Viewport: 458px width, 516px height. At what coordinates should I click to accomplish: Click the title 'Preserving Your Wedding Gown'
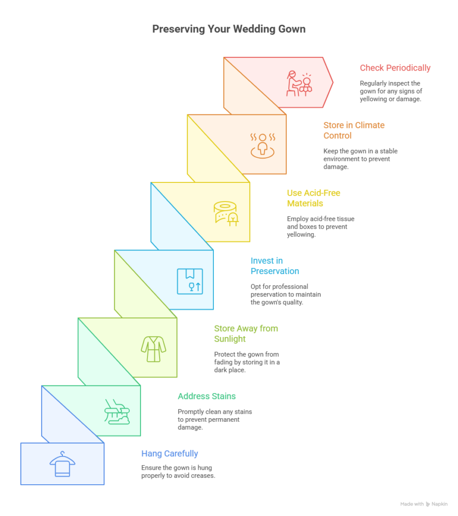coord(229,29)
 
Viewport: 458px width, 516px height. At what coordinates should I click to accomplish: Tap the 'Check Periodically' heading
coord(395,68)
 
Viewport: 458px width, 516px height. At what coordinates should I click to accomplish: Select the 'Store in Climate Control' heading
coord(354,131)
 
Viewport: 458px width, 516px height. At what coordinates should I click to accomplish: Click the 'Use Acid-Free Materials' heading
coord(314,198)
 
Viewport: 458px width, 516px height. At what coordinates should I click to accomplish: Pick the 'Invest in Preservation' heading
coord(275,266)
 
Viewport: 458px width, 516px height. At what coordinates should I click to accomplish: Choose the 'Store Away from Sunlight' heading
coord(246,334)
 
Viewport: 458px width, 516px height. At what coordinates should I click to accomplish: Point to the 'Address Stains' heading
coord(206,396)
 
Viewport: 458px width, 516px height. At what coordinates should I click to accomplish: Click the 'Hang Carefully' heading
coord(170,454)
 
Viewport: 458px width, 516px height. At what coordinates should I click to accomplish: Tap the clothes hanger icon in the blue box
coord(62,464)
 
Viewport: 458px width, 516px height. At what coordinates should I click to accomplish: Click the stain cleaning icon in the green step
coord(117,412)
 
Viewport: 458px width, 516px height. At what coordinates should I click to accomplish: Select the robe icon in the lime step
coord(154,349)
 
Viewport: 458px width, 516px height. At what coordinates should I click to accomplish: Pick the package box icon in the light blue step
coord(190,281)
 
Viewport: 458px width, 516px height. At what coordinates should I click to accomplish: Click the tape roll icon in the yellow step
coord(226,214)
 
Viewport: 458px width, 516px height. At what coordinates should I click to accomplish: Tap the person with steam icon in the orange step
coord(262,146)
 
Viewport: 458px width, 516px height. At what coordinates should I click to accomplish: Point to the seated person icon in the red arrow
coord(299,84)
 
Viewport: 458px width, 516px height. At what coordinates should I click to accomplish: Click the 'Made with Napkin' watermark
coord(424,504)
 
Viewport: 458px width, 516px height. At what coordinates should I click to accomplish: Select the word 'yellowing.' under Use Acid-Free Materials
coord(301,235)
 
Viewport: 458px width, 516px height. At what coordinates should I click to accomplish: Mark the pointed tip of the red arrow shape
coord(333,82)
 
